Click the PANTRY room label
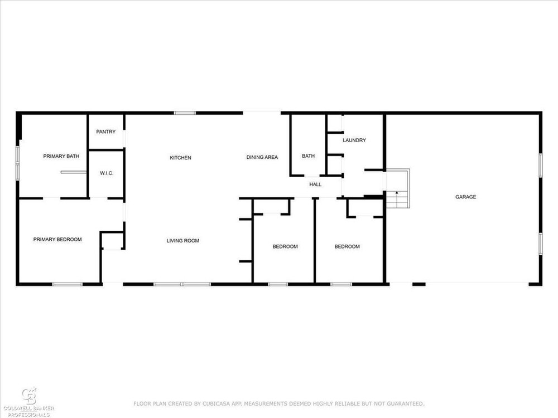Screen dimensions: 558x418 105,132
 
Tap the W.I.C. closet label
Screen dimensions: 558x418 107,173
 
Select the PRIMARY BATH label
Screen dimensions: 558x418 61,156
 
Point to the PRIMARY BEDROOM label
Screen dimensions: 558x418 57,239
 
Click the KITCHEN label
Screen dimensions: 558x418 180,158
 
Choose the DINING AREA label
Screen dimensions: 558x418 262,157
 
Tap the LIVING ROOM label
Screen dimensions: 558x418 183,241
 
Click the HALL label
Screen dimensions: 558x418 315,184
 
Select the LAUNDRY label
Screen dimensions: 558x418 354,140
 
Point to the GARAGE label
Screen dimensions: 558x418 465,197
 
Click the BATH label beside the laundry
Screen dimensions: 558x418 308,155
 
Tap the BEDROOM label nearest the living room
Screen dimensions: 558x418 285,246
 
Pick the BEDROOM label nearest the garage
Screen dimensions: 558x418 347,246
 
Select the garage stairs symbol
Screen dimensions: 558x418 398,188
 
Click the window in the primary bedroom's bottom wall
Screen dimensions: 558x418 68,284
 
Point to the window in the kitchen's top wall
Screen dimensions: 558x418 185,113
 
